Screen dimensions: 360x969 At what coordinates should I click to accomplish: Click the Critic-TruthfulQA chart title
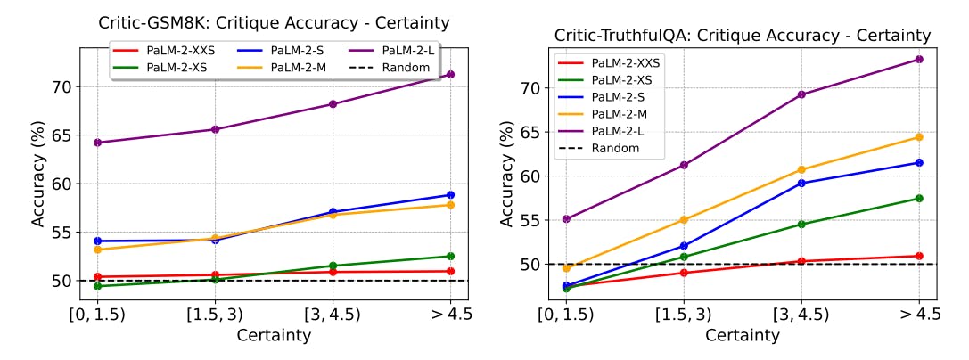743,36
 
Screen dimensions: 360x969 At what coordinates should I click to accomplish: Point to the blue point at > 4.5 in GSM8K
450,195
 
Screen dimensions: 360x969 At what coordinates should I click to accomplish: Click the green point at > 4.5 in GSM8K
450,257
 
